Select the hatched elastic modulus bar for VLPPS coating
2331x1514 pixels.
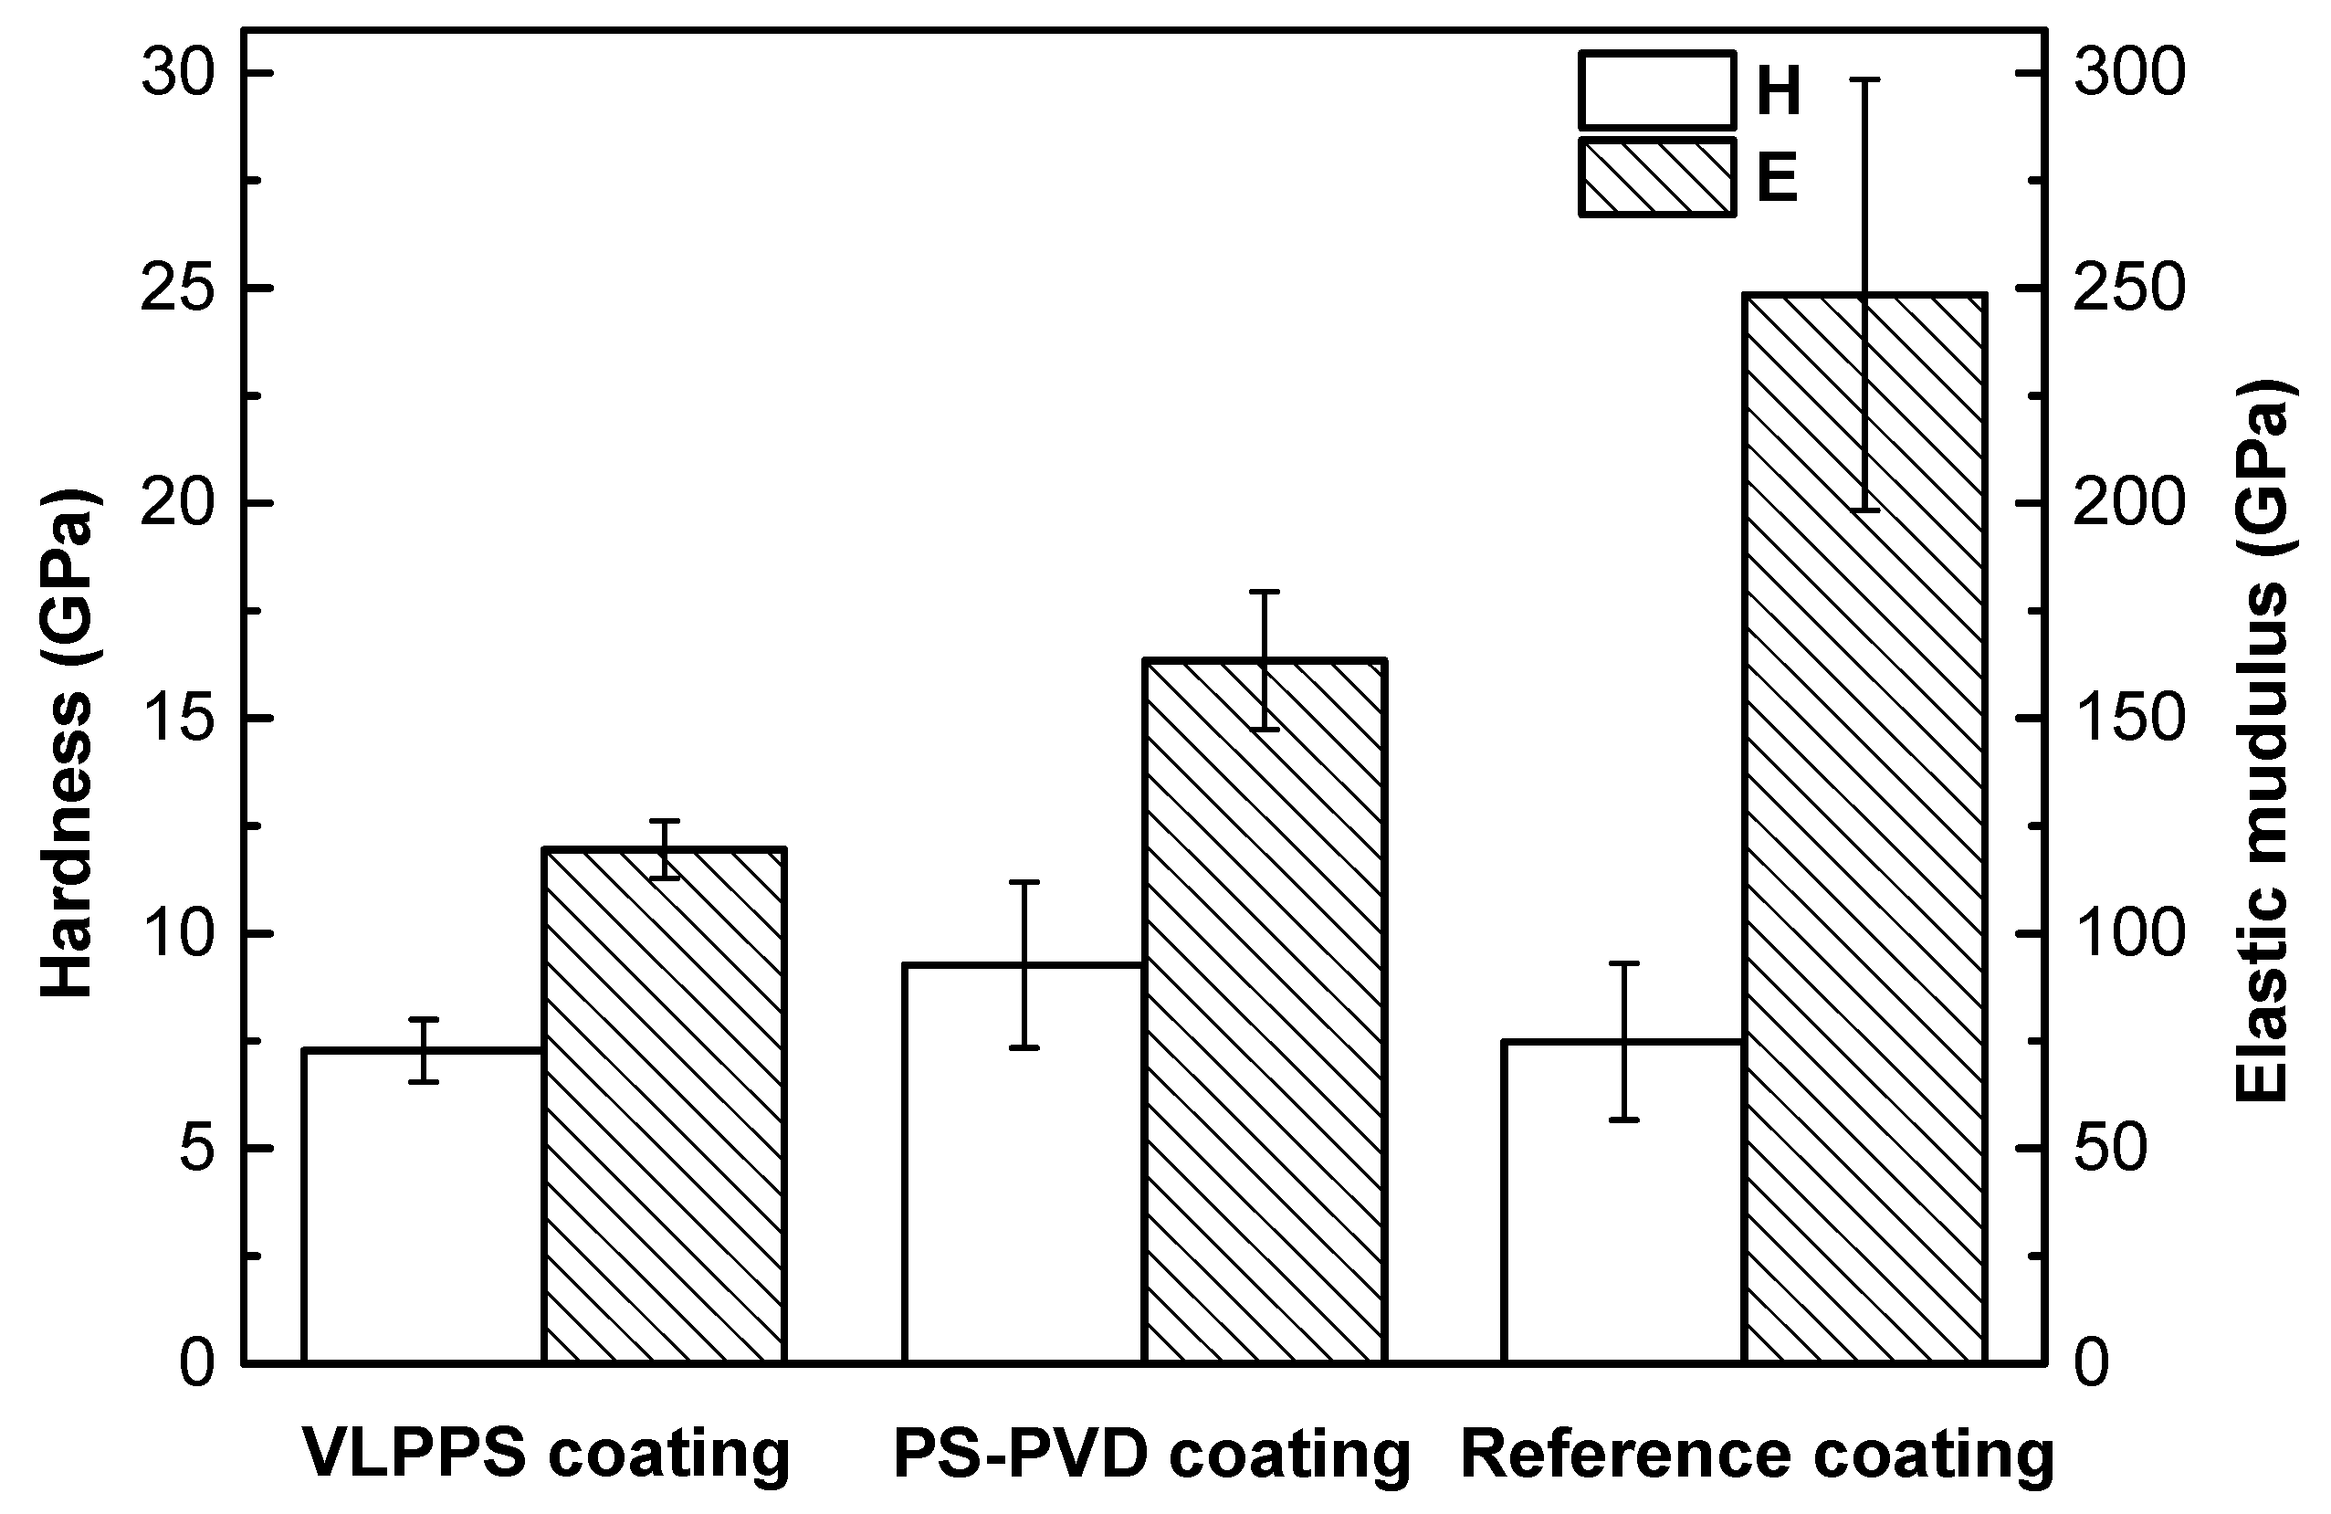[664, 1107]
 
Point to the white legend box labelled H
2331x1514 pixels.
[1656, 91]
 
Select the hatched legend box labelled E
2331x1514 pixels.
[1656, 177]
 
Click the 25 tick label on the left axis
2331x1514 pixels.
[177, 289]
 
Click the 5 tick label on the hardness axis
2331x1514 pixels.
[196, 1149]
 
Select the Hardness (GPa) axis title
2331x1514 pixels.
[68, 744]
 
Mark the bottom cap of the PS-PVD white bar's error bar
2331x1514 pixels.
[1024, 1048]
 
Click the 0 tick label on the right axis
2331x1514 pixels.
[2092, 1363]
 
